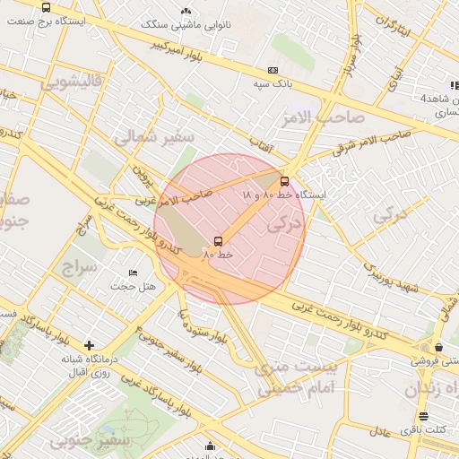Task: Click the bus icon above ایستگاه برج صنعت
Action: (47, 7)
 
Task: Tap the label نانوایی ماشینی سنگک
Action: (188, 26)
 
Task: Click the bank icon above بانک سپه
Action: (273, 70)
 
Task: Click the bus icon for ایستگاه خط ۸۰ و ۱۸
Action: (285, 180)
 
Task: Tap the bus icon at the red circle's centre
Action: (219, 241)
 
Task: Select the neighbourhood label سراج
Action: (79, 267)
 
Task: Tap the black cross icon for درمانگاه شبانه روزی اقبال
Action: (89, 345)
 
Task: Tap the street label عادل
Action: (377, 432)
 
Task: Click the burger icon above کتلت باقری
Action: (423, 416)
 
